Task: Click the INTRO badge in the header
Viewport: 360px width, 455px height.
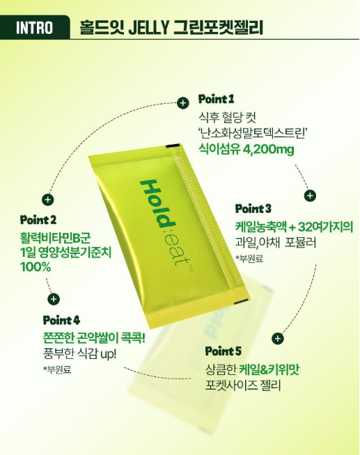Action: point(35,27)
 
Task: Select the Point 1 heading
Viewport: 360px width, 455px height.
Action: point(216,99)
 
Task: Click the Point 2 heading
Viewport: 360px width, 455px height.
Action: point(38,220)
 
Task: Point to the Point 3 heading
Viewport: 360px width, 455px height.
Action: point(253,208)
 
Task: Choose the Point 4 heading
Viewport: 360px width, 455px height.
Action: point(61,320)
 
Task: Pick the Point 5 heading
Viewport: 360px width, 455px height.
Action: point(223,351)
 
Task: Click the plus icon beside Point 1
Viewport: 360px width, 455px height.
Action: point(183,103)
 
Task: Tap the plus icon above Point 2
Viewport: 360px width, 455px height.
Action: point(48,200)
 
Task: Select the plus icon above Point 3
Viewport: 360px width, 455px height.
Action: point(310,195)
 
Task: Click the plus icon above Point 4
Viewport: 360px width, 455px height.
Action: point(54,299)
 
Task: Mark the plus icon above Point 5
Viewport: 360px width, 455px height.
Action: point(278,338)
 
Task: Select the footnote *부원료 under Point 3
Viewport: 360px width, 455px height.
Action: point(249,259)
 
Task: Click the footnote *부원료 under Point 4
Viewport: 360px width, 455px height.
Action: point(57,369)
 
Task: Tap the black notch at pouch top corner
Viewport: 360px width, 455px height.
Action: point(171,145)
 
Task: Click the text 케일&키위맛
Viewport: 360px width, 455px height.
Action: point(269,369)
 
